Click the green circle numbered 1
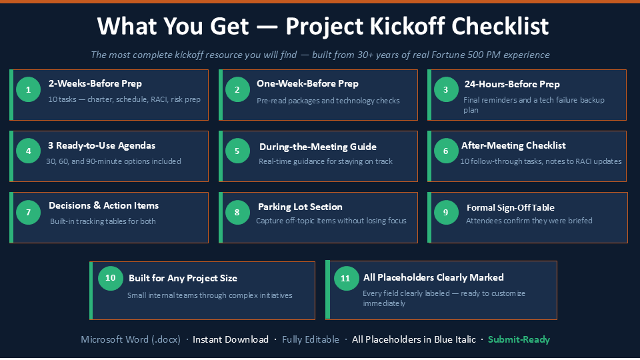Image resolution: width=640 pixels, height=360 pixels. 28,89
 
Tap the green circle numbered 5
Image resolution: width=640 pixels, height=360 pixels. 237,151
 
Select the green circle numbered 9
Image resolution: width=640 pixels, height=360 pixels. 446,212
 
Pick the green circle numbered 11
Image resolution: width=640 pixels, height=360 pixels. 346,279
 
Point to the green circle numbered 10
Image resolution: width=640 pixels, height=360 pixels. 110,278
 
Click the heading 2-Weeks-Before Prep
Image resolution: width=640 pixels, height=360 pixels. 95,84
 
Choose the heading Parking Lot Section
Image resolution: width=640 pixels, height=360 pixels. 300,207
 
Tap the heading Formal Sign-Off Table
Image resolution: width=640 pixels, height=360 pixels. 510,207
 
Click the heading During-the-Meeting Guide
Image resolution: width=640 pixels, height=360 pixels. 317,147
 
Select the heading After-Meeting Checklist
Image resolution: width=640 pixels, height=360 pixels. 513,145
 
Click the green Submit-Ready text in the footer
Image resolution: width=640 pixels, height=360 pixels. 519,339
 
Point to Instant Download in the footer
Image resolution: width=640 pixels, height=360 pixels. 231,339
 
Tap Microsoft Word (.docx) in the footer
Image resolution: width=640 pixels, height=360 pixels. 131,339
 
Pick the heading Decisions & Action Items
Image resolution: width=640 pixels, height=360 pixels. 104,205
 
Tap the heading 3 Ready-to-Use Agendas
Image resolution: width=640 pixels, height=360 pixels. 101,146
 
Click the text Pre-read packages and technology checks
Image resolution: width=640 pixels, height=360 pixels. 328,101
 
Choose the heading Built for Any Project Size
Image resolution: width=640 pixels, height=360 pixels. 183,279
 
